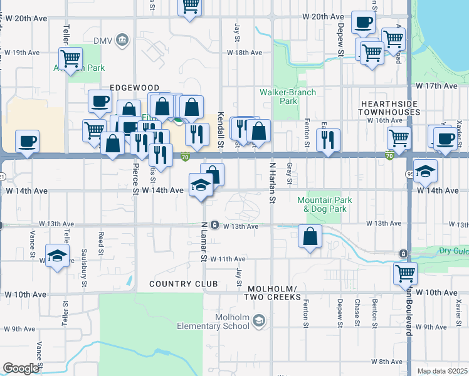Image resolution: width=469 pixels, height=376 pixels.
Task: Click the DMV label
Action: [102, 41]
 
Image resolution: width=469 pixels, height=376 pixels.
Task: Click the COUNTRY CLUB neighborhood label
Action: [174, 284]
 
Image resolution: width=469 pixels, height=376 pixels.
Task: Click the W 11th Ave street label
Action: [228, 258]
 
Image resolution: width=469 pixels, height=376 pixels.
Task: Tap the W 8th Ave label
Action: [386, 362]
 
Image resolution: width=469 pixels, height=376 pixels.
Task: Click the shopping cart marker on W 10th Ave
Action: [405, 274]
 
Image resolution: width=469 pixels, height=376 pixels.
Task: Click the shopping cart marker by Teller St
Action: [71, 58]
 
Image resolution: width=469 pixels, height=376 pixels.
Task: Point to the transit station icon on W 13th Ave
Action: [214, 225]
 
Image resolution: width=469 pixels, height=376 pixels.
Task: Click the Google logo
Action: [21, 368]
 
